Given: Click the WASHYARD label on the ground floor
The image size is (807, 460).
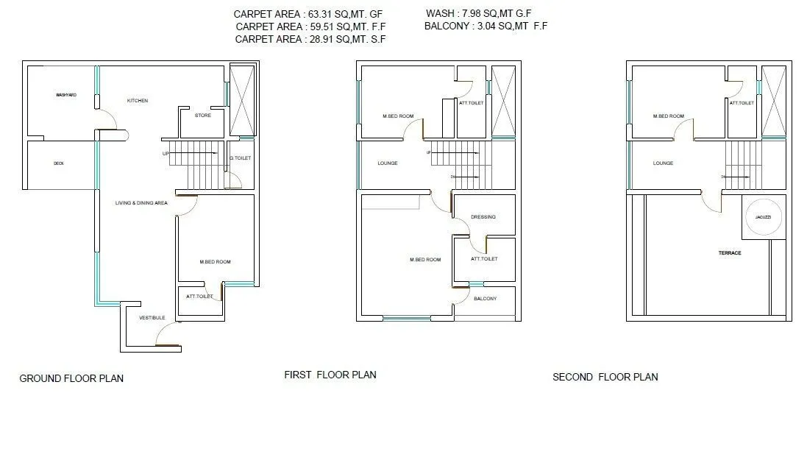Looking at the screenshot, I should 66,96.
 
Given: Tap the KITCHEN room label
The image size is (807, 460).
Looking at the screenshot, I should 138,101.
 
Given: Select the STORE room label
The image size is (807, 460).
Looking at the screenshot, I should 203,116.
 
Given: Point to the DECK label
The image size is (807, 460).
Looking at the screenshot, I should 59,163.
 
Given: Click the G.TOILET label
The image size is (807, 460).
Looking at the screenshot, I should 241,158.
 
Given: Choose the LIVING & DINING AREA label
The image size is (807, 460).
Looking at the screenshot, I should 141,202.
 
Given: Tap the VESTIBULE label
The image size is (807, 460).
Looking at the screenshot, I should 152,318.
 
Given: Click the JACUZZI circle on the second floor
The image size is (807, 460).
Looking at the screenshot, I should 764,218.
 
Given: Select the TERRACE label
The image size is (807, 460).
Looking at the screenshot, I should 730,253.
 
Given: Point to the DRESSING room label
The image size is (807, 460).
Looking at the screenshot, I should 483,217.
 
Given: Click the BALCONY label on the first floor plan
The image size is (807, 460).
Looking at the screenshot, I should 485,299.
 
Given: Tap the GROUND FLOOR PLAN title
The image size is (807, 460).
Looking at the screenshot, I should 71,378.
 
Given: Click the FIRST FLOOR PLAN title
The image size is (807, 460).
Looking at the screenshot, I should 330,375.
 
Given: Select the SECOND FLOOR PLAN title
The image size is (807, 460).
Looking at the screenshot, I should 605,377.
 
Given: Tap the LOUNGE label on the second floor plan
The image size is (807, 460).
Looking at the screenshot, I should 663,163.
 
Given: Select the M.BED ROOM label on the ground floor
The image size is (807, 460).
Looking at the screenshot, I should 216,262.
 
